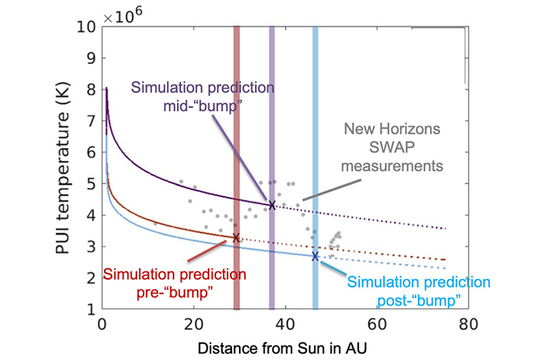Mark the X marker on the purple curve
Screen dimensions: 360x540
coord(272,205)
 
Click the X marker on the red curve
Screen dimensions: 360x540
coord(236,238)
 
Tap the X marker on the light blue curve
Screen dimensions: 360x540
coord(315,256)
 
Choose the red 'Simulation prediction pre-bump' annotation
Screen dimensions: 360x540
coord(175,282)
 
